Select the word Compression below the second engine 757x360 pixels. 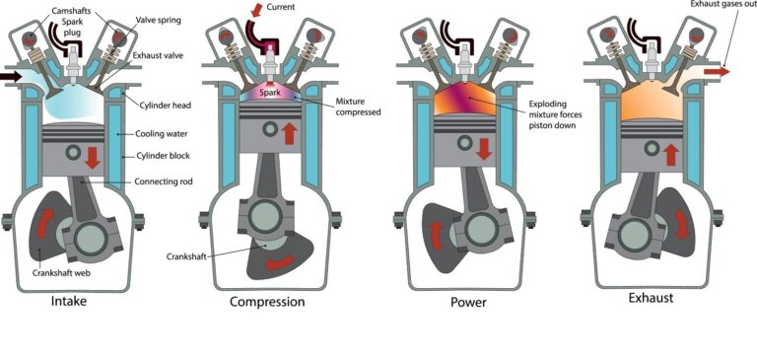pyautogui.click(x=266, y=301)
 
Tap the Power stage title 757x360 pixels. pyautogui.click(x=467, y=301)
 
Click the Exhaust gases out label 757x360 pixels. pyautogui.click(x=717, y=7)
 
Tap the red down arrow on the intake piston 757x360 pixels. pyautogui.click(x=90, y=155)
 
